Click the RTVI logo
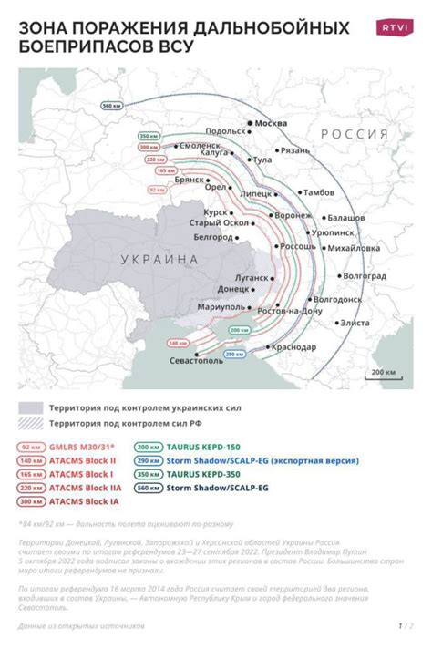click(x=395, y=27)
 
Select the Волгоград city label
click(x=364, y=274)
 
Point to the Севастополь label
click(x=196, y=360)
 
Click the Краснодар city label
click(x=293, y=346)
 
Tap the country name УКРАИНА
click(x=159, y=259)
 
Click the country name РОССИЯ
click(x=354, y=134)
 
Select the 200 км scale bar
click(x=383, y=374)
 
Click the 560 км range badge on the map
click(x=112, y=106)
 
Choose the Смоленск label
click(x=200, y=145)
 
